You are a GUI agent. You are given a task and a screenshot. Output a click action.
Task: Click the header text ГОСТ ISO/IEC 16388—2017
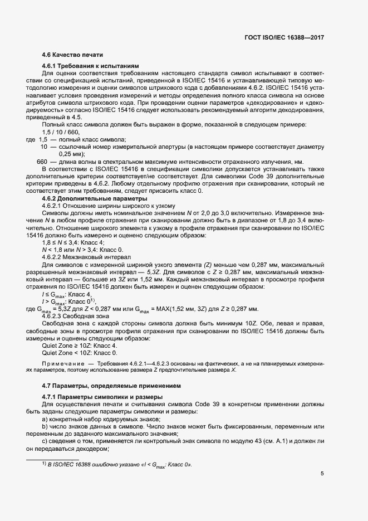(284, 37)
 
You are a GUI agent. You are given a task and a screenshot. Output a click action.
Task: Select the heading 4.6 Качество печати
(72, 55)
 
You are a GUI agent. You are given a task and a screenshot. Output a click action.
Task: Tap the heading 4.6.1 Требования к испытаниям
(86, 65)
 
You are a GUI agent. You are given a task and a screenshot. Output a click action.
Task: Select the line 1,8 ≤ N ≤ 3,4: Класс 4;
(73, 242)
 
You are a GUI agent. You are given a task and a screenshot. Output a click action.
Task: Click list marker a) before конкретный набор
(45, 418)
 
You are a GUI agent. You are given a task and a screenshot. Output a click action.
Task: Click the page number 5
(322, 474)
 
